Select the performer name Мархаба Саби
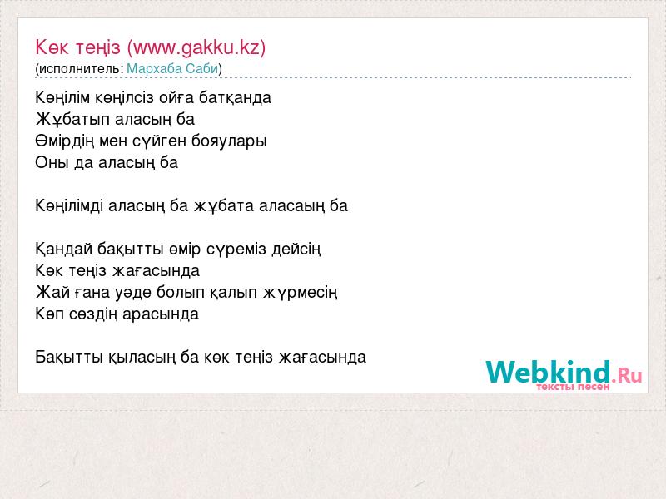click(x=172, y=68)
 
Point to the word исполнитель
click(x=80, y=68)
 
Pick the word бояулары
click(x=229, y=141)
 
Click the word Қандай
click(x=64, y=249)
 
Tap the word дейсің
click(x=296, y=249)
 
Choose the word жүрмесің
click(x=301, y=293)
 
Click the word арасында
click(x=161, y=314)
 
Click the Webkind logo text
click(x=549, y=372)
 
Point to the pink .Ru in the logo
click(x=627, y=376)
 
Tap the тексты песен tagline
click(x=573, y=387)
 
